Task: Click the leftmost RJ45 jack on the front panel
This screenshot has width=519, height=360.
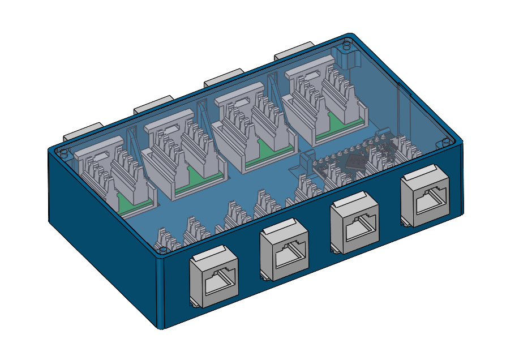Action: [x=214, y=278]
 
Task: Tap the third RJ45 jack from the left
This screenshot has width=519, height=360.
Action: [x=355, y=224]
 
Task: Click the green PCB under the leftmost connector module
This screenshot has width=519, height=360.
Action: [x=135, y=200]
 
